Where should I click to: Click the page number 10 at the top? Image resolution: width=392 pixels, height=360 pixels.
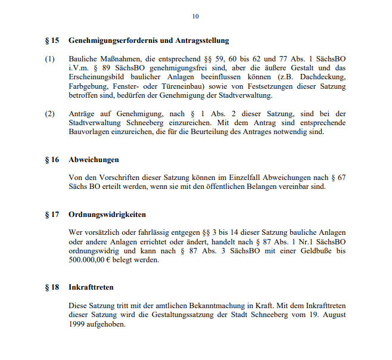pos(195,16)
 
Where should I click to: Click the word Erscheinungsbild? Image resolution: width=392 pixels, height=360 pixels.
pos(97,77)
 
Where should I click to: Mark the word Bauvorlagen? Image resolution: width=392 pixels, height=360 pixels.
pos(89,132)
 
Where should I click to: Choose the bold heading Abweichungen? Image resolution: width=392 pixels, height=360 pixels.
pos(94,160)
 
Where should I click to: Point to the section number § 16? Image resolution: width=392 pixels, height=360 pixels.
pos(52,160)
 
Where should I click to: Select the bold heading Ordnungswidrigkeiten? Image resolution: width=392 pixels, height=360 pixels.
pos(107,215)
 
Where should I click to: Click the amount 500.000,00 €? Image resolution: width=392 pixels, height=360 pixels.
pos(92,260)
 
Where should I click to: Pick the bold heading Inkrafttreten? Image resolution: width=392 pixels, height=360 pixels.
pos(91,287)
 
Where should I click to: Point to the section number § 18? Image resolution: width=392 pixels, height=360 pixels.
pos(52,287)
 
